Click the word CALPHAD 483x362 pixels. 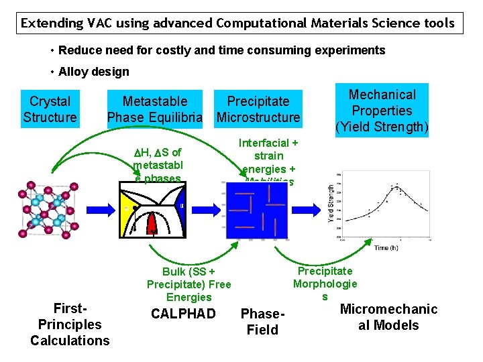pyautogui.click(x=183, y=314)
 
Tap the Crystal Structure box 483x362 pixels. pyautogui.click(x=50, y=109)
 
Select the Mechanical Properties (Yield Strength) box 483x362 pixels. pyautogui.click(x=382, y=111)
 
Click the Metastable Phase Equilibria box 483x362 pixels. pyautogui.click(x=155, y=109)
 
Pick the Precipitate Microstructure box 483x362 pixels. pyautogui.click(x=258, y=109)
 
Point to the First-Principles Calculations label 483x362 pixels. pyautogui.click(x=70, y=324)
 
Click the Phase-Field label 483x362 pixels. pyautogui.click(x=263, y=322)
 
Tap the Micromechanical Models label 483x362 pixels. pyautogui.click(x=388, y=317)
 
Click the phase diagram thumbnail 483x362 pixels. pyautogui.click(x=152, y=210)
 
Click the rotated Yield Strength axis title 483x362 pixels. pyautogui.click(x=331, y=204)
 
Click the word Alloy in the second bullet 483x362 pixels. pyautogui.click(x=74, y=72)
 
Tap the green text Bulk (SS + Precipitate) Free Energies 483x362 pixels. pyautogui.click(x=189, y=284)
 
